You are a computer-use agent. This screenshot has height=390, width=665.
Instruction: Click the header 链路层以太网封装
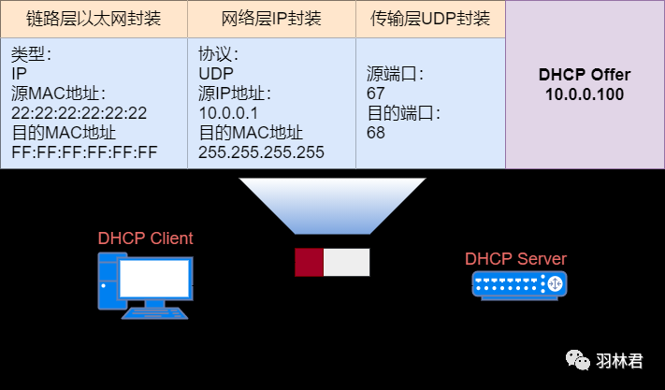click(x=94, y=19)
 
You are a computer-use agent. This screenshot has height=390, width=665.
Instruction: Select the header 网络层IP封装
click(x=271, y=19)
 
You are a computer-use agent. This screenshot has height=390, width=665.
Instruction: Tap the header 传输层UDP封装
click(x=430, y=19)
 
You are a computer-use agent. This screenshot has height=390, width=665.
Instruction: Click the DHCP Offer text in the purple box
click(x=585, y=75)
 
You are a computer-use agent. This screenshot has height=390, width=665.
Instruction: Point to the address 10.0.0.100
click(x=585, y=94)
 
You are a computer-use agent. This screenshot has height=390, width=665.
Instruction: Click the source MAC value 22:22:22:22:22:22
click(x=79, y=113)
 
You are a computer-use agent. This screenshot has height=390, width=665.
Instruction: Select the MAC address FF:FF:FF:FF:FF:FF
click(x=84, y=152)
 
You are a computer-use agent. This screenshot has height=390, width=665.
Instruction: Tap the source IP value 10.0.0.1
click(x=222, y=113)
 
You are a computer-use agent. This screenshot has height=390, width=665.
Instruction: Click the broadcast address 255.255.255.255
click(x=261, y=152)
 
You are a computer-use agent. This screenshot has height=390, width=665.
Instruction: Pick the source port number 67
click(x=376, y=94)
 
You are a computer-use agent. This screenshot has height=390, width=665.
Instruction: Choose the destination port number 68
click(x=376, y=133)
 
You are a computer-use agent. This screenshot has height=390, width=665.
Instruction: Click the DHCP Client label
click(x=145, y=238)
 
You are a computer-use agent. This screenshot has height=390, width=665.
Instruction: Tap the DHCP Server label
click(x=515, y=259)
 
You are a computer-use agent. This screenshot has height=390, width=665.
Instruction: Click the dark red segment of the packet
click(x=309, y=262)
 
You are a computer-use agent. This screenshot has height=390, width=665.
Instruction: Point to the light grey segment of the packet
click(x=346, y=262)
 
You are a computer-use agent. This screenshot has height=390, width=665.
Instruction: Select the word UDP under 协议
click(x=215, y=74)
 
